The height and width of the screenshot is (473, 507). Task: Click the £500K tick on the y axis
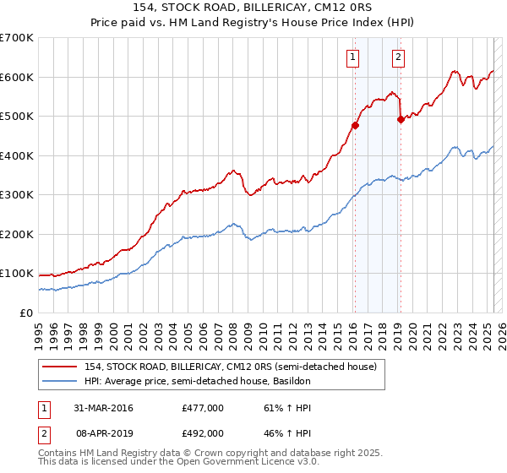[17, 116]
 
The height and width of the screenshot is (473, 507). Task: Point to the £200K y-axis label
[17, 234]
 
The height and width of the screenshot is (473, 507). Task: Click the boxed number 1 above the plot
[352, 57]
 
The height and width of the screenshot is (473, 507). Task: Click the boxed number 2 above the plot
[397, 57]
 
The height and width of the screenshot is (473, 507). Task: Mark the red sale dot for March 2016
[356, 126]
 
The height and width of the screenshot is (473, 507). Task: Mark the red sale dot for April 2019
[401, 120]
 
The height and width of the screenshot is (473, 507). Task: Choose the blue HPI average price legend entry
[198, 382]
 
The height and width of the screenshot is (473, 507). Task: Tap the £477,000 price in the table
[203, 408]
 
